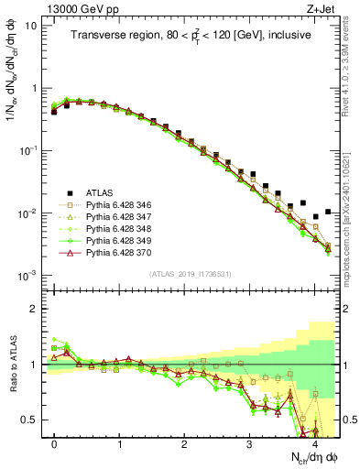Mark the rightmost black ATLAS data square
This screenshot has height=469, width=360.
click(x=328, y=212)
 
